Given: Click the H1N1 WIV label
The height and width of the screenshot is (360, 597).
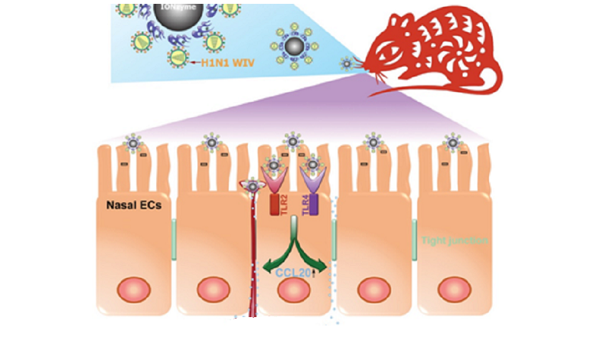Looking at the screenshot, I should (227, 63).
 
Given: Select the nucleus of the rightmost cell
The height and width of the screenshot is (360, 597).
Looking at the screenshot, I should (454, 291).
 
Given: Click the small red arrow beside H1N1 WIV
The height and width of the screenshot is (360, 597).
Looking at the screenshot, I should (192, 63).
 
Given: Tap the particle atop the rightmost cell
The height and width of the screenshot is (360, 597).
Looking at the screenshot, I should (452, 142).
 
